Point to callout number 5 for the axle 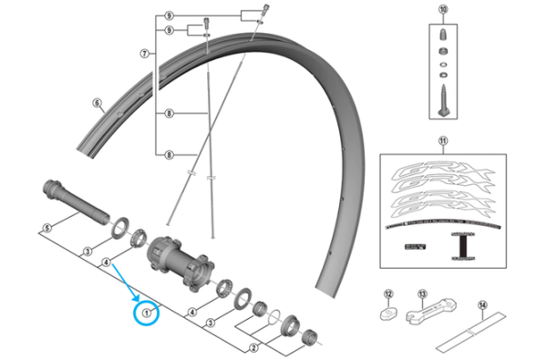pyautogui.click(x=45, y=227)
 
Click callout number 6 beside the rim pyautogui.click(x=96, y=104)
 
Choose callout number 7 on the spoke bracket pyautogui.click(x=144, y=53)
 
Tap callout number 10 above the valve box pyautogui.click(x=443, y=10)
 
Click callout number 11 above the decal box pyautogui.click(x=443, y=141)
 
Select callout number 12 pyautogui.click(x=387, y=293)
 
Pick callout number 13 pyautogui.click(x=422, y=293)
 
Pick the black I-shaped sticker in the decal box pyautogui.click(x=463, y=244)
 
